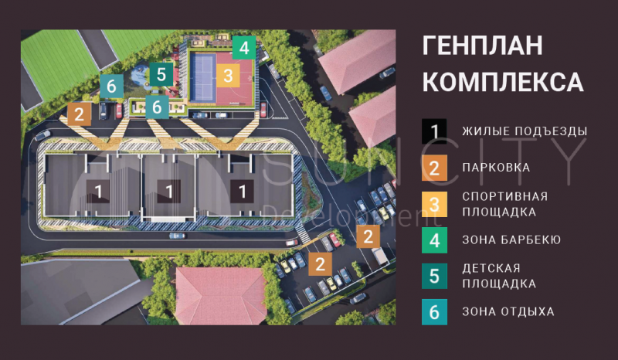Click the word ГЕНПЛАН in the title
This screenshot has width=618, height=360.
tap(482, 46)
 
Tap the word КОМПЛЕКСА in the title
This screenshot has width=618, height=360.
tap(503, 82)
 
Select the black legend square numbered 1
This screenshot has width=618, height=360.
tap(434, 131)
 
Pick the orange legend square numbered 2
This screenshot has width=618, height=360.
tap(434, 168)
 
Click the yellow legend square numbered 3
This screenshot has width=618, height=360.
tap(434, 204)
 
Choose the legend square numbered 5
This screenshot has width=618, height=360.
tap(434, 276)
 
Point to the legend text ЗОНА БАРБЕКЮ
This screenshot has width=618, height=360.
tap(511, 239)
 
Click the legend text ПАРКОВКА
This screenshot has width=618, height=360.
tap(496, 168)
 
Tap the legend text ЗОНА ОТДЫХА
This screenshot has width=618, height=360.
tap(508, 311)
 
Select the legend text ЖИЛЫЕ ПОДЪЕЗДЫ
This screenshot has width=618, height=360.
tap(525, 131)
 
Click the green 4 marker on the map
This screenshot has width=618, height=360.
tap(244, 48)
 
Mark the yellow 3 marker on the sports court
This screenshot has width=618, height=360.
tap(228, 75)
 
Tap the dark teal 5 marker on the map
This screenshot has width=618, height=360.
tap(161, 74)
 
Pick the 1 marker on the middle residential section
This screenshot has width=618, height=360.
tap(169, 192)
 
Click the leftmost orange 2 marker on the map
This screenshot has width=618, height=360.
tap(80, 114)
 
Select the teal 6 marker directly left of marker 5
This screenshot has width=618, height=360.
tap(111, 86)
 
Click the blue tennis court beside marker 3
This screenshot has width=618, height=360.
tap(203, 78)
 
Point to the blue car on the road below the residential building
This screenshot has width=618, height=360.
tap(177, 236)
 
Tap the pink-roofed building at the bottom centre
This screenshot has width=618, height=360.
tap(220, 295)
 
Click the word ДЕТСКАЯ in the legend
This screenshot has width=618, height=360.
tap(491, 269)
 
